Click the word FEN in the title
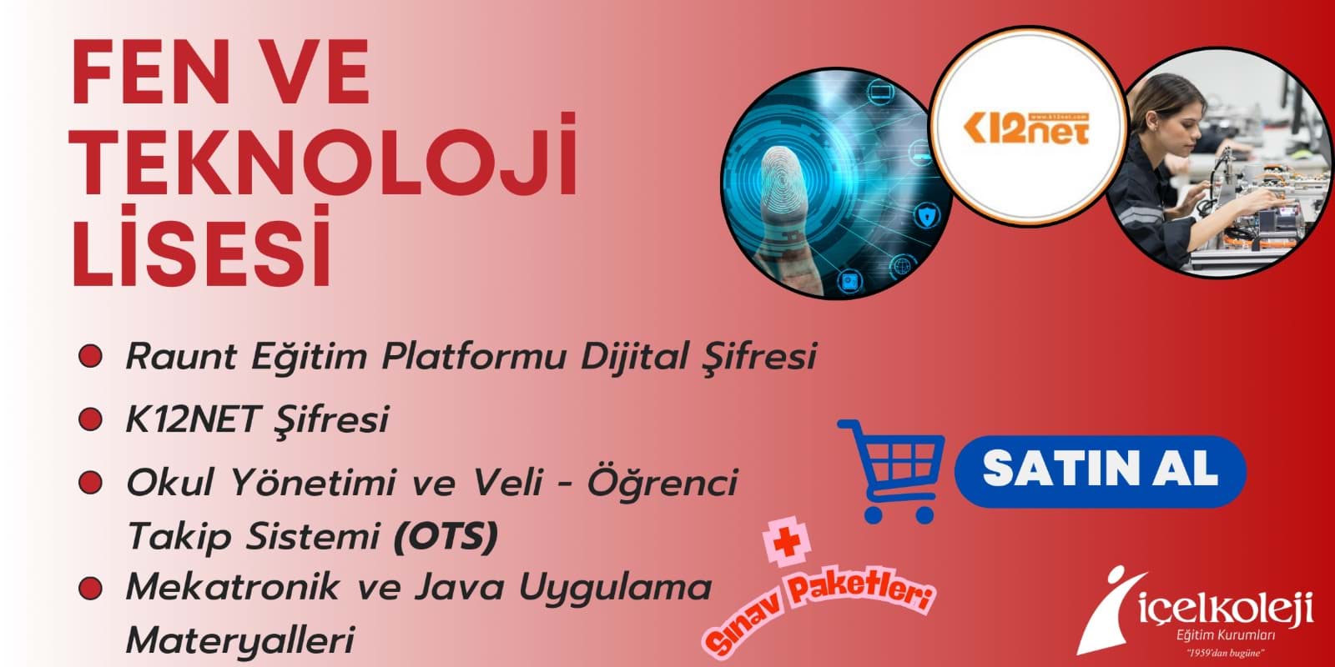150,72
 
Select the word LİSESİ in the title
201,247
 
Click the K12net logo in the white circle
1026,128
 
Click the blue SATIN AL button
1101,470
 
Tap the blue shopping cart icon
892,470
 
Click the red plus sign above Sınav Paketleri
787,543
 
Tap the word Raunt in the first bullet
181,356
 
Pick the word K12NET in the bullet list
192,419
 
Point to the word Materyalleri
240,640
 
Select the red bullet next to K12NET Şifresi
91,419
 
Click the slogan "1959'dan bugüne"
1226,653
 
